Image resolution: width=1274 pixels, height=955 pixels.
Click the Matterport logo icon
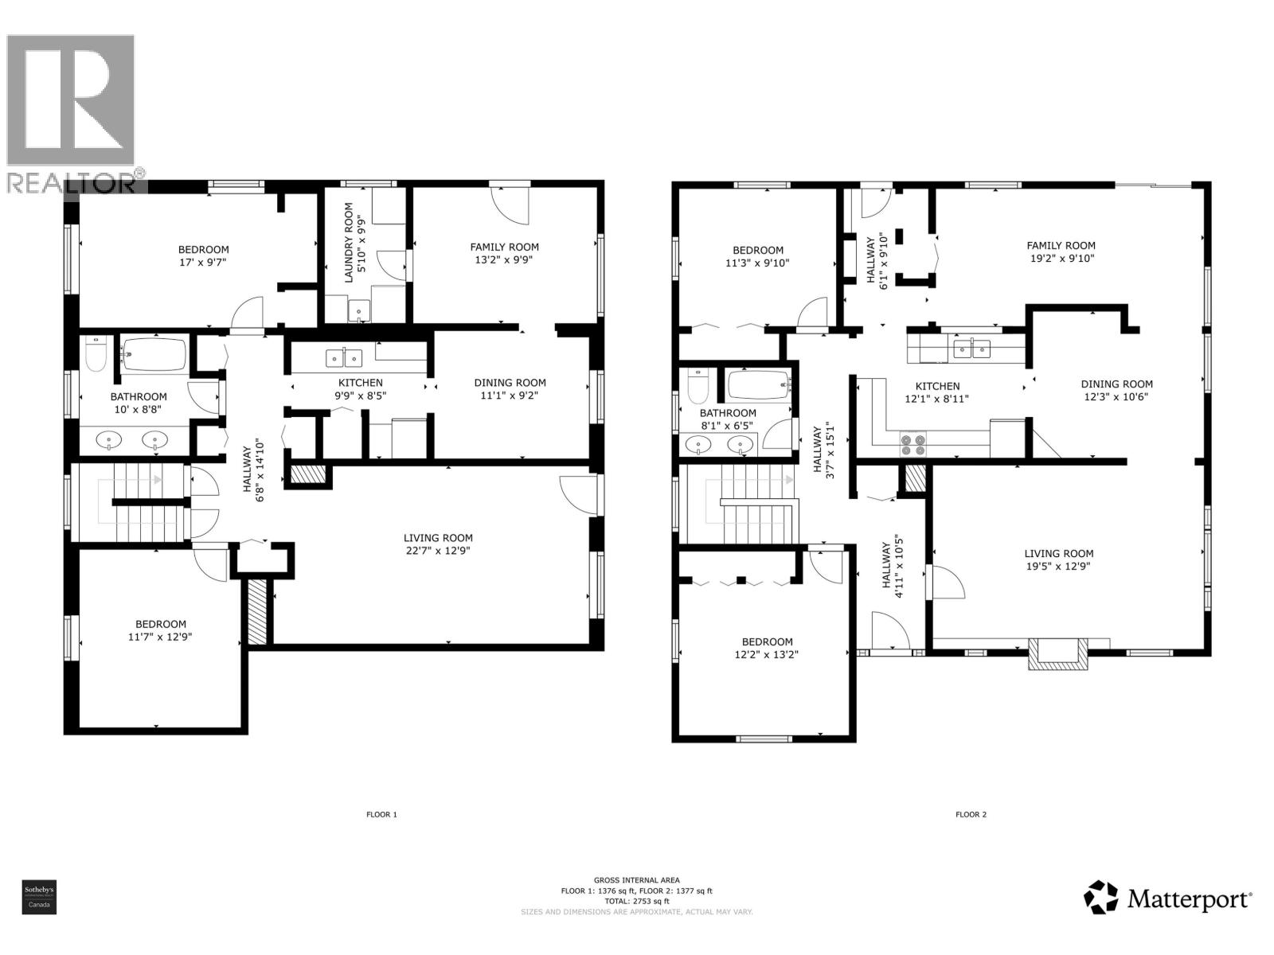pos(1101,897)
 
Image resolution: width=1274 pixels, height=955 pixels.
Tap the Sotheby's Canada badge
pos(38,897)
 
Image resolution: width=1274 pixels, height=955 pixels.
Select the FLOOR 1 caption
pos(381,814)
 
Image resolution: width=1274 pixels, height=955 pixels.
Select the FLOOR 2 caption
pos(971,814)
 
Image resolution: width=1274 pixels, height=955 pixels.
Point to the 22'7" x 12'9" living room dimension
pos(438,551)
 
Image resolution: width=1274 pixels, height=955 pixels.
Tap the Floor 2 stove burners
pos(913,444)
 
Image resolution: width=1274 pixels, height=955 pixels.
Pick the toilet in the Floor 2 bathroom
pos(698,387)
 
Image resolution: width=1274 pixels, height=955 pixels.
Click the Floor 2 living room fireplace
pos(1057,653)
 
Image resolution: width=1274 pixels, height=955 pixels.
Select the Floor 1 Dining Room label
pos(510,383)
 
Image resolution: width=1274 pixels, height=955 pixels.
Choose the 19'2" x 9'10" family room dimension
pos(1061,258)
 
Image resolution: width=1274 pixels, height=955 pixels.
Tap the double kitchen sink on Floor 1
pos(344,358)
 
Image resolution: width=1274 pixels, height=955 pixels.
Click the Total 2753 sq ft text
pos(636,901)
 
